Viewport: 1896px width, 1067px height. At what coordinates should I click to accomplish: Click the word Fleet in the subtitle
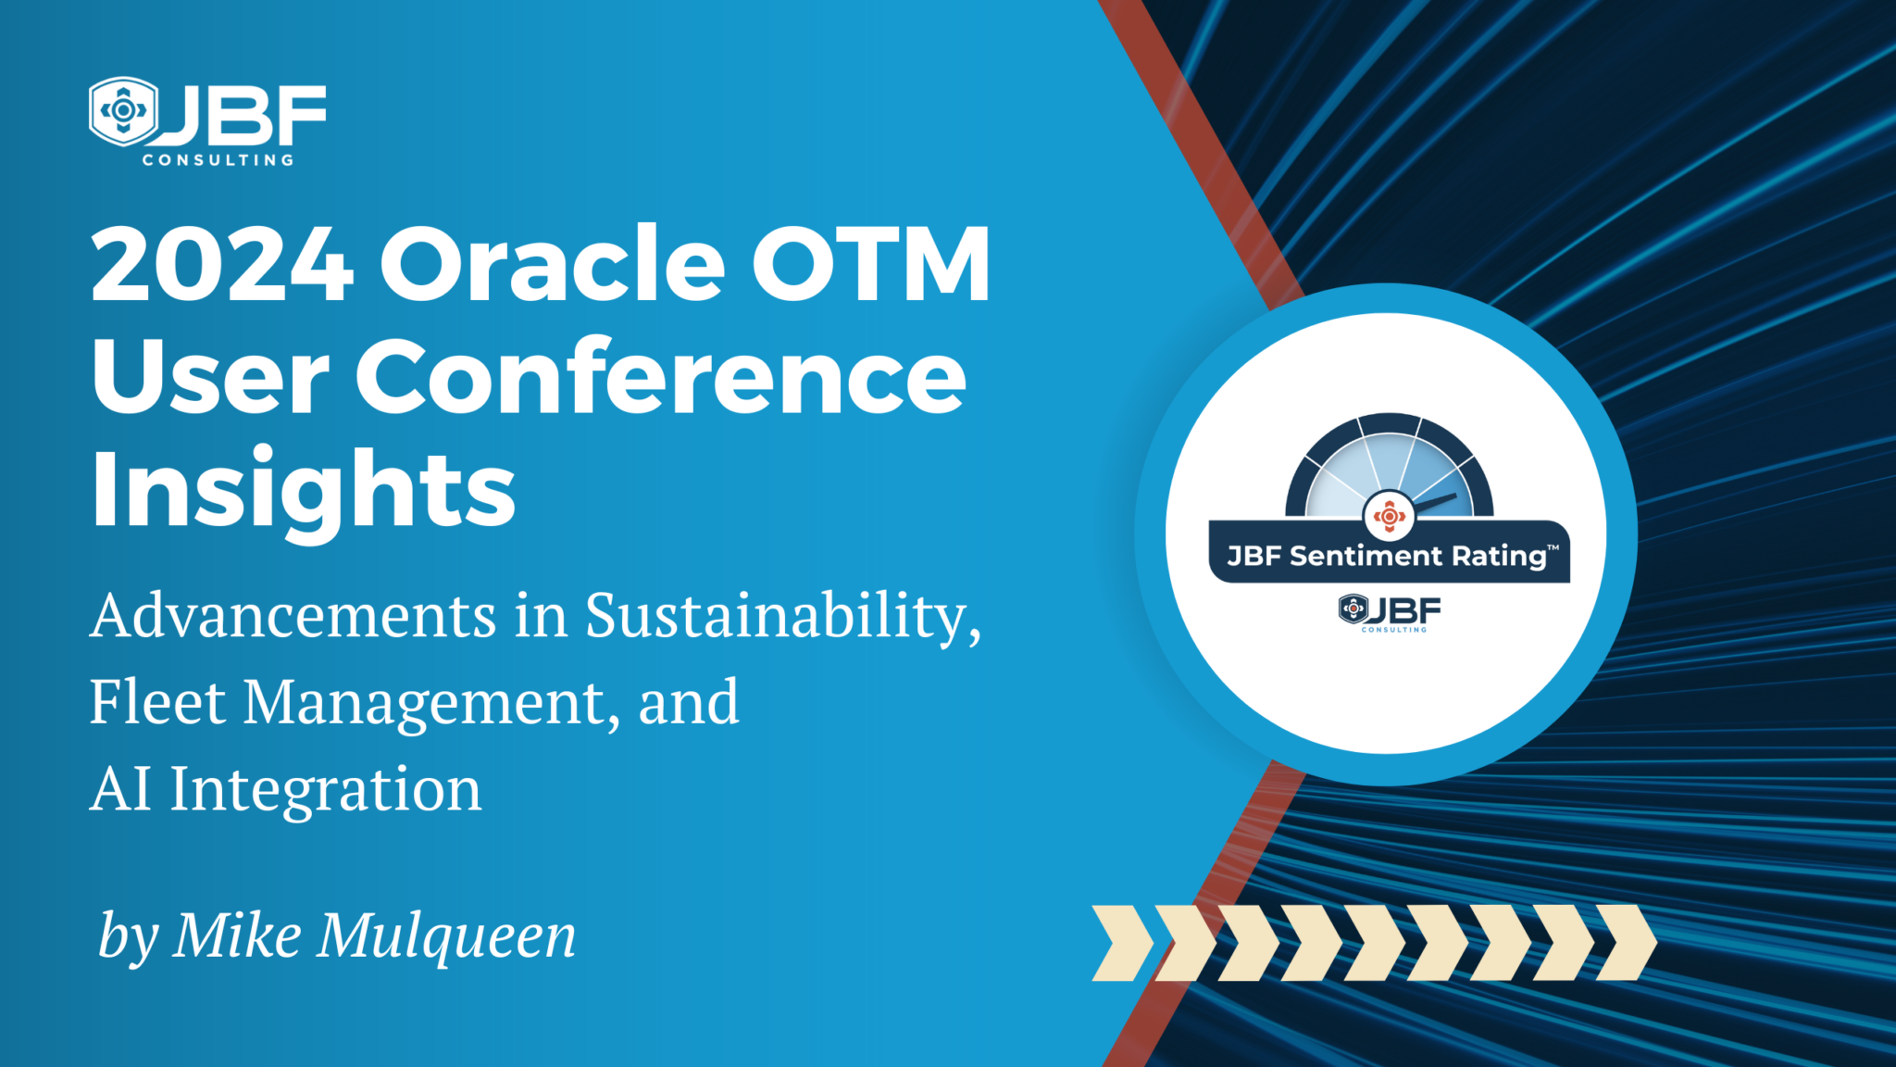[157, 701]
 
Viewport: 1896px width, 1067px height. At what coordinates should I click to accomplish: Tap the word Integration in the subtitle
[326, 790]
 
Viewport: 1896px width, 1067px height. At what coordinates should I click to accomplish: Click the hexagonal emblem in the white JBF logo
[123, 111]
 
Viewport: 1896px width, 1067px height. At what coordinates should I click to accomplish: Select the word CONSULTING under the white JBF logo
[218, 160]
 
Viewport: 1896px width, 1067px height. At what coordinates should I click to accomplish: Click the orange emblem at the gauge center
[1389, 515]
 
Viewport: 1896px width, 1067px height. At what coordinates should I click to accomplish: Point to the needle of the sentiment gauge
[1435, 502]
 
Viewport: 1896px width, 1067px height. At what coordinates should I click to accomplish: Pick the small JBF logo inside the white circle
[1390, 613]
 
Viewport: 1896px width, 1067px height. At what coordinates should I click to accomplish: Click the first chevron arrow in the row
[1123, 943]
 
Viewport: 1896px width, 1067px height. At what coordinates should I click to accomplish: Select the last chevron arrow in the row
[1627, 943]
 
